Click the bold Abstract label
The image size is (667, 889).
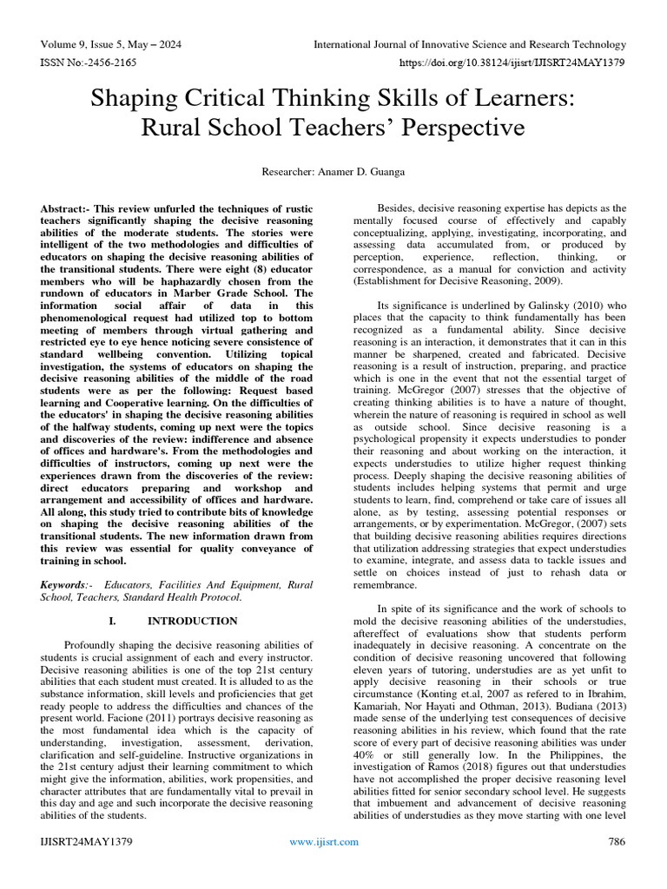pyautogui.click(x=66, y=211)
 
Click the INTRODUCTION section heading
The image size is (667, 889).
pyautogui.click(x=192, y=621)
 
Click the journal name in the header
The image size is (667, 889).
pyautogui.click(x=469, y=44)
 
